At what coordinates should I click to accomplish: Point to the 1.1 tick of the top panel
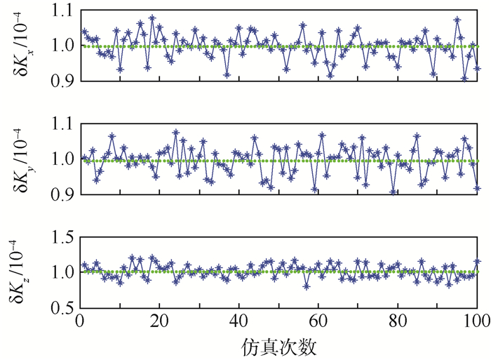point(60,11)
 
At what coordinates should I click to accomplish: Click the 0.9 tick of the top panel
point(60,81)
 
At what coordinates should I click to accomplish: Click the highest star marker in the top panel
point(152,18)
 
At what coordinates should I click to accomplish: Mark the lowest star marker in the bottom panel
point(306,286)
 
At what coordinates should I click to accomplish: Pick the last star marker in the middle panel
point(478,188)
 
